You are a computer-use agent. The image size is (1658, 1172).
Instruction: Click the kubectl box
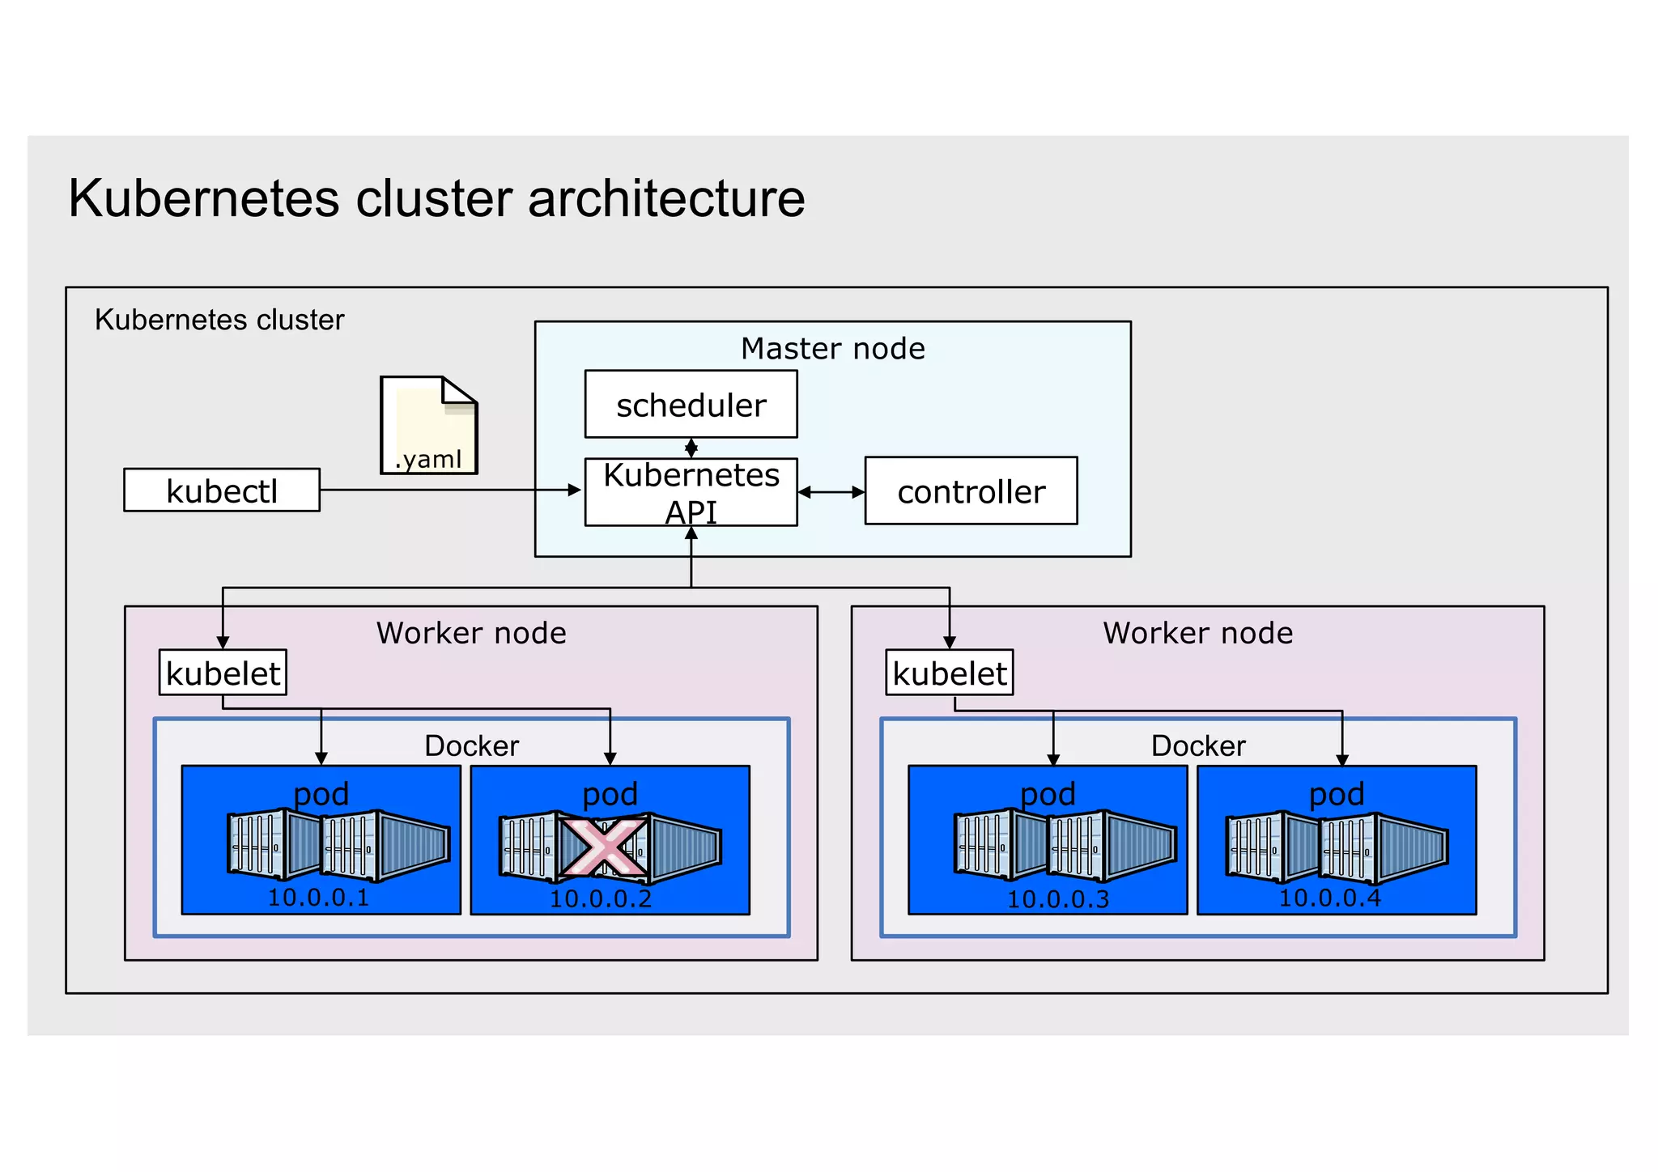click(x=221, y=490)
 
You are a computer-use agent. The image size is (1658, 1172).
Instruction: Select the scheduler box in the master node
click(x=691, y=405)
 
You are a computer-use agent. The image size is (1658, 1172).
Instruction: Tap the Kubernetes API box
click(x=691, y=492)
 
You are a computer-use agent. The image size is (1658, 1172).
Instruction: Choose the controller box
click(x=971, y=491)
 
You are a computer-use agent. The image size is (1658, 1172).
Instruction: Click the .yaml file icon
click(x=429, y=426)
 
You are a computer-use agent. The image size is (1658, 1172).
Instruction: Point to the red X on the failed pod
click(x=603, y=847)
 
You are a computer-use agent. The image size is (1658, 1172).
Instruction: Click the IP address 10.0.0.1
click(x=318, y=898)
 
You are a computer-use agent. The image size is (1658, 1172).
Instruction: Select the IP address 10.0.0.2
click(x=601, y=898)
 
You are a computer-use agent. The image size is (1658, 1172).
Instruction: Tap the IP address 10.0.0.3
click(x=1058, y=898)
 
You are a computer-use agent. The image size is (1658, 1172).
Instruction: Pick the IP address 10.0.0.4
click(x=1329, y=898)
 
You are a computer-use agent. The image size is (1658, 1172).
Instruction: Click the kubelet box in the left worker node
click(x=223, y=673)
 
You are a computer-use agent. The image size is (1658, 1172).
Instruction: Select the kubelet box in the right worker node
click(x=949, y=673)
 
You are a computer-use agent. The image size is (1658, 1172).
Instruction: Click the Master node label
click(x=832, y=349)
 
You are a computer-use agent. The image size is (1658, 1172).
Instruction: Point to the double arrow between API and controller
click(x=831, y=492)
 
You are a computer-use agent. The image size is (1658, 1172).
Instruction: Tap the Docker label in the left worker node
click(x=471, y=745)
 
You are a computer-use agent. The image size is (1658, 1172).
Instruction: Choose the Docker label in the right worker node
click(x=1198, y=745)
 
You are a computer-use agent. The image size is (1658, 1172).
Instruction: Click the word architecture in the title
click(x=666, y=198)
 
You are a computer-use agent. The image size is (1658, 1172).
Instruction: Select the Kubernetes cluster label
click(x=219, y=320)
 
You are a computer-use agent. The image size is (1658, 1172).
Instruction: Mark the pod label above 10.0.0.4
click(x=1337, y=794)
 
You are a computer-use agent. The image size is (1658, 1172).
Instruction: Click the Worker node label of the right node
click(x=1197, y=633)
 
